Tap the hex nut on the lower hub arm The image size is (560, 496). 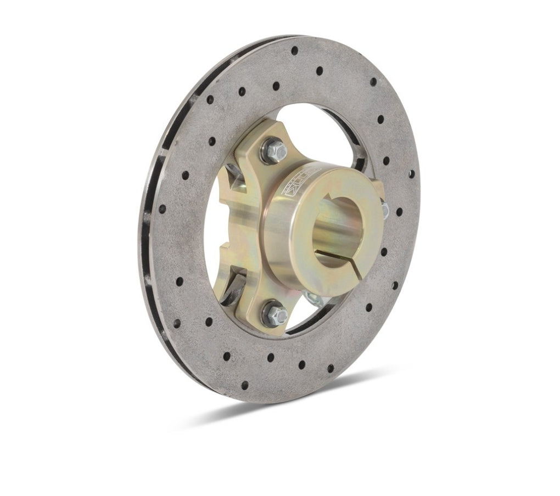click(274, 313)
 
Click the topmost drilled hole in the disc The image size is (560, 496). click(294, 50)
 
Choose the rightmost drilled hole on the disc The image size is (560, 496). click(399, 211)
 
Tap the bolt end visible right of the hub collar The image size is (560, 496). click(384, 208)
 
